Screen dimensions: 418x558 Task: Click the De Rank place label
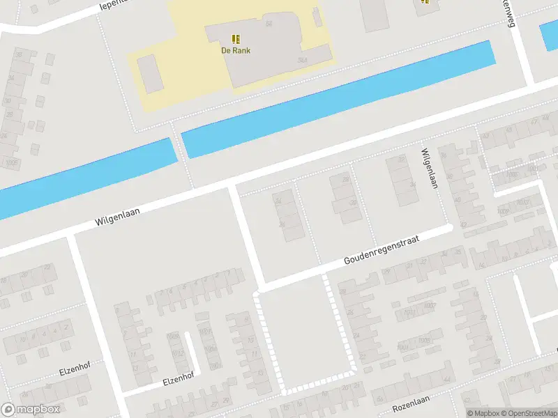coord(236,50)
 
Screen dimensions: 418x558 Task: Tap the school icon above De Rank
coord(236,38)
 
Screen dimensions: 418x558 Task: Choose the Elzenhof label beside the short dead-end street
coord(179,378)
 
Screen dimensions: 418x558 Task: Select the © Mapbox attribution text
coord(483,413)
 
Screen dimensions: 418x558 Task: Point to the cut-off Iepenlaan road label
coord(115,6)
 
